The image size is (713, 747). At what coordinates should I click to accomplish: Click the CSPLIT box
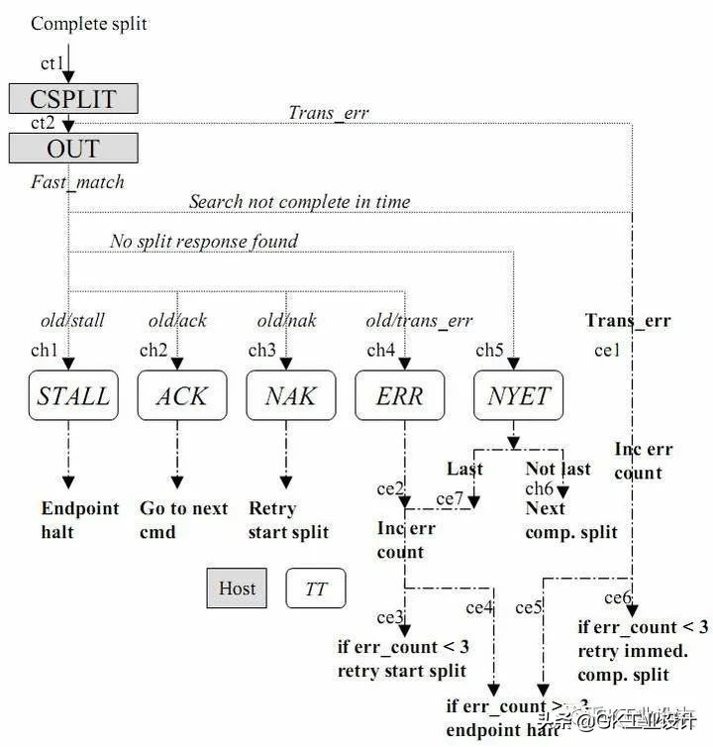pos(73,99)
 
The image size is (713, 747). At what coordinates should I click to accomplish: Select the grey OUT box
pos(73,149)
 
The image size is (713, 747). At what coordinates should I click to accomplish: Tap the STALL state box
pos(73,396)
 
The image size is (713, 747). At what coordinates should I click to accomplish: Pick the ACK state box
pos(182,396)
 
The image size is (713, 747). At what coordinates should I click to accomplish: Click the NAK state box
pos(291,396)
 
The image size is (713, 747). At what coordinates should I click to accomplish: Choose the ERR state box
pos(400,396)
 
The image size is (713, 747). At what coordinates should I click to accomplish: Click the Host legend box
pos(237,588)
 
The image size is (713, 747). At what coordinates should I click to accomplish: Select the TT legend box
pos(316,588)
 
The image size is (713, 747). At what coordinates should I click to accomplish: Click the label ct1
pos(51,63)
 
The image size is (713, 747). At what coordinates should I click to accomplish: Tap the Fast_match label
pos(77,181)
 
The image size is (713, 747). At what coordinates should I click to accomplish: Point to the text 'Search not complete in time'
pos(299,201)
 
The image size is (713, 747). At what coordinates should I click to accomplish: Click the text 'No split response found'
pos(203,241)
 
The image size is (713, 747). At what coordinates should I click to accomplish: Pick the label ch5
pos(489,350)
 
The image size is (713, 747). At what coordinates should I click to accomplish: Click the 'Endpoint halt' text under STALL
pos(79,520)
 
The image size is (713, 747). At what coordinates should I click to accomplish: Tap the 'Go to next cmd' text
pos(183,520)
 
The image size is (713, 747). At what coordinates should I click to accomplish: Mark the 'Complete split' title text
pos(89,23)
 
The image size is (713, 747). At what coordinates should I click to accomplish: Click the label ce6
pos(618,597)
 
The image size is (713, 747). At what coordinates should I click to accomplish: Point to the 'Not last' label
pos(558,469)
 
